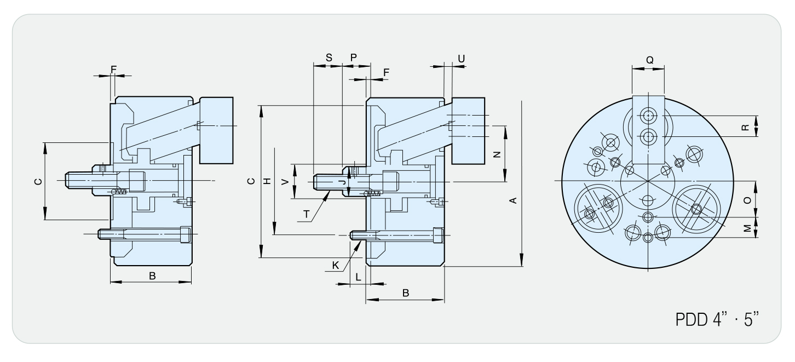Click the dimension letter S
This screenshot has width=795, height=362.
pyautogui.click(x=329, y=58)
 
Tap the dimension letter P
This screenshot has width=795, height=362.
pyautogui.click(x=354, y=58)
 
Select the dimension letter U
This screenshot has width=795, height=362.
pyautogui.click(x=461, y=59)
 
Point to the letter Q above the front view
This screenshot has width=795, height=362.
pyautogui.click(x=649, y=60)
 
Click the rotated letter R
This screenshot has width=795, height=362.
pyautogui.click(x=745, y=127)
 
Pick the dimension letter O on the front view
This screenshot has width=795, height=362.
pyautogui.click(x=747, y=200)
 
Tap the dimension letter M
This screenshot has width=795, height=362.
pyautogui.click(x=747, y=228)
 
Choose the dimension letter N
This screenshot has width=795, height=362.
pyautogui.click(x=497, y=154)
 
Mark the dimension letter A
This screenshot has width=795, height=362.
pyautogui.click(x=513, y=200)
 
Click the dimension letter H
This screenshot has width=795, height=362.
pyautogui.click(x=267, y=181)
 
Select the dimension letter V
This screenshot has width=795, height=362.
pyautogui.click(x=285, y=182)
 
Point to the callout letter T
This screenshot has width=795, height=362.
pyautogui.click(x=306, y=214)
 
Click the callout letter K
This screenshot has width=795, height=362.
pyautogui.click(x=336, y=265)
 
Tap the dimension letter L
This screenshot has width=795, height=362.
pyautogui.click(x=358, y=277)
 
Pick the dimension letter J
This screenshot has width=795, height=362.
pyautogui.click(x=342, y=182)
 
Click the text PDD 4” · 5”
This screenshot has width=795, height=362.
pyautogui.click(x=717, y=319)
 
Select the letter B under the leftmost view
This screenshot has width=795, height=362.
pyautogui.click(x=152, y=276)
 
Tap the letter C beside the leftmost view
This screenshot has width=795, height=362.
pyautogui.click(x=38, y=181)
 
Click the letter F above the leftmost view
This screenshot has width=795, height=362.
pyautogui.click(x=113, y=69)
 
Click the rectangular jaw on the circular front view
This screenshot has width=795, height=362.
pyautogui.click(x=648, y=130)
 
